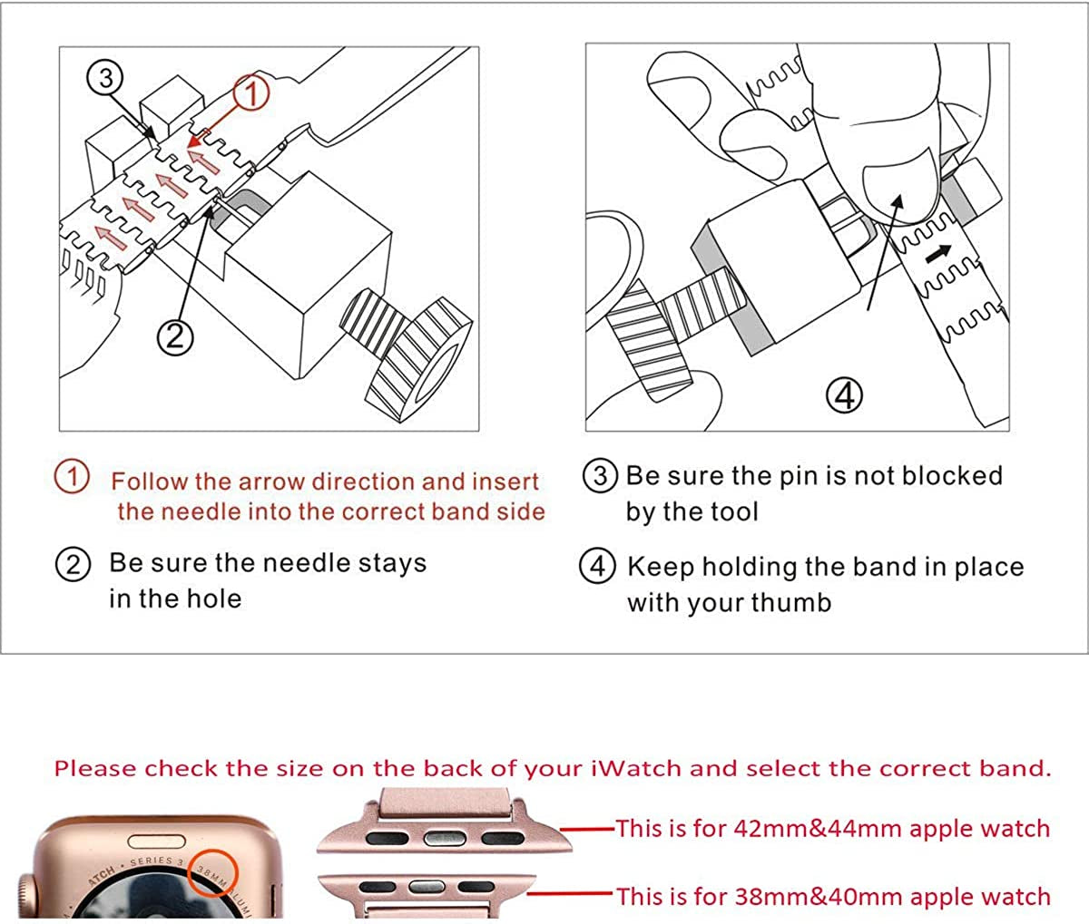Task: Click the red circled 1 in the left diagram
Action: coord(252,92)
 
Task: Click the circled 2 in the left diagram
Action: coord(175,336)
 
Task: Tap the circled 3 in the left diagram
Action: coord(106,78)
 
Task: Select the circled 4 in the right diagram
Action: coord(844,394)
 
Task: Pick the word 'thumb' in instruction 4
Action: coord(788,603)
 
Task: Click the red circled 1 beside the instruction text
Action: coord(72,477)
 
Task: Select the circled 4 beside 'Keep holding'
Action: coord(597,566)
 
